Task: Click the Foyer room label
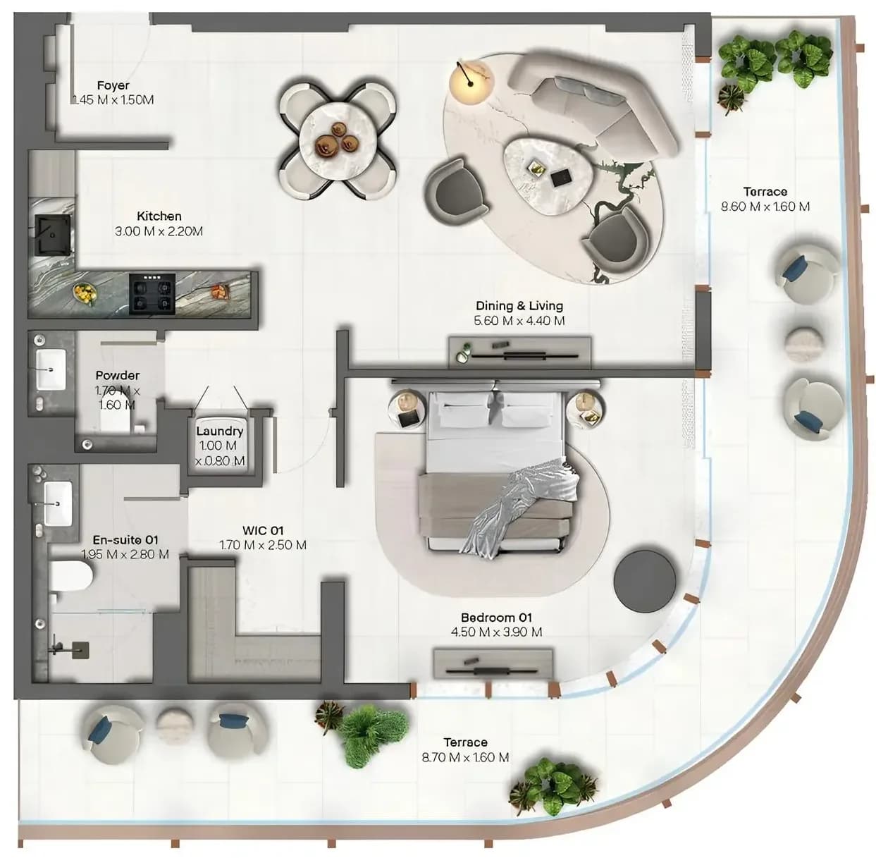pyautogui.click(x=113, y=85)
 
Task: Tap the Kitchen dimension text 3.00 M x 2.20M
pyautogui.click(x=159, y=231)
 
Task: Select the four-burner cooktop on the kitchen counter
pyautogui.click(x=152, y=294)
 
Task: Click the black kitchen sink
pyautogui.click(x=53, y=235)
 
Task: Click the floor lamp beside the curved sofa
pyautogui.click(x=471, y=82)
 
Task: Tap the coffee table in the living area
pyautogui.click(x=549, y=175)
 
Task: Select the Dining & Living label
pyautogui.click(x=519, y=306)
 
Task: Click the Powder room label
pyautogui.click(x=117, y=375)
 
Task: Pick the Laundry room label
pyautogui.click(x=220, y=431)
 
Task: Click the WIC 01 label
pyautogui.click(x=263, y=530)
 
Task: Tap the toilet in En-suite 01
pyautogui.click(x=70, y=575)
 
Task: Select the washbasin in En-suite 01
pyautogui.click(x=58, y=503)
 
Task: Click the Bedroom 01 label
pyautogui.click(x=496, y=618)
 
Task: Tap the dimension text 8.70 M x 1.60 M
pyautogui.click(x=465, y=757)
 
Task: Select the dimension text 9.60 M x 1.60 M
pyautogui.click(x=765, y=207)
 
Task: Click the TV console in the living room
pyautogui.click(x=520, y=352)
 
